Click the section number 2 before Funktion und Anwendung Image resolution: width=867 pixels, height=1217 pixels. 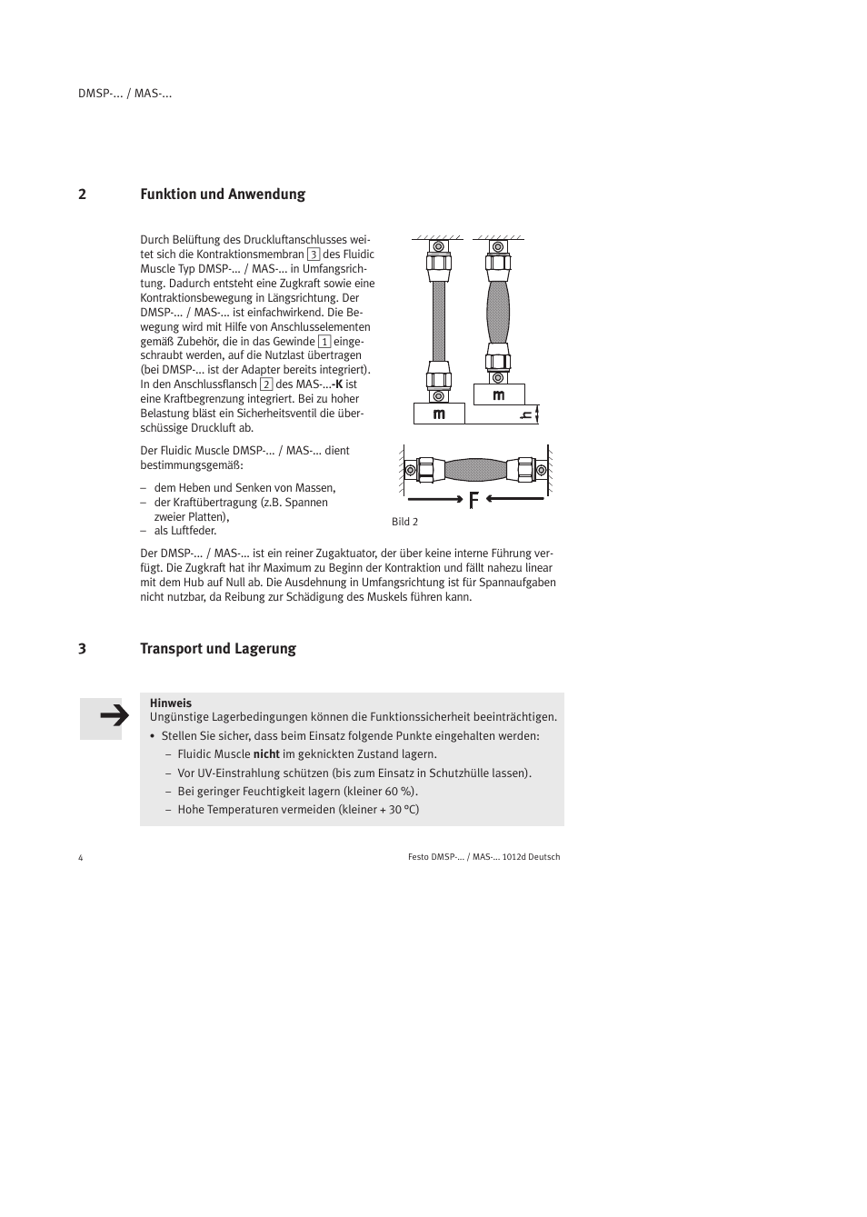pyautogui.click(x=82, y=195)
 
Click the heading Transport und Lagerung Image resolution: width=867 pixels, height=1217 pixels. pyautogui.click(x=217, y=649)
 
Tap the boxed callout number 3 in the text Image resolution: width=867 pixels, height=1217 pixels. pyautogui.click(x=313, y=254)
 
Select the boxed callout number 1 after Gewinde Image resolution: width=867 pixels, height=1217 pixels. pyautogui.click(x=324, y=342)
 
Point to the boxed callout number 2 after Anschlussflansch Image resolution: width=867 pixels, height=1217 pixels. pyautogui.click(x=266, y=384)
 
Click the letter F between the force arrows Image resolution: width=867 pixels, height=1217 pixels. pyautogui.click(x=473, y=499)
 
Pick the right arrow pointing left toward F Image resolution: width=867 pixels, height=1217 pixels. pyautogui.click(x=514, y=498)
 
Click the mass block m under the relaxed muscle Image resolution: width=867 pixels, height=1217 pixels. pyautogui.click(x=439, y=414)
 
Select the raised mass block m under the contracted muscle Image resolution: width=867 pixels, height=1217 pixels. pyautogui.click(x=498, y=395)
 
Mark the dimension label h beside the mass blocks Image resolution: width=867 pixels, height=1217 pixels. pyautogui.click(x=525, y=415)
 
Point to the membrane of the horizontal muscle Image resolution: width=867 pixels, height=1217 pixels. pyautogui.click(x=475, y=470)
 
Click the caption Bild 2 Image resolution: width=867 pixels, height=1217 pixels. pyautogui.click(x=404, y=522)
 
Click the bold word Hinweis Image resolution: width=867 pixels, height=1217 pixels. pyautogui.click(x=170, y=703)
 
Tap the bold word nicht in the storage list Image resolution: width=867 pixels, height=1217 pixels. pyautogui.click(x=266, y=754)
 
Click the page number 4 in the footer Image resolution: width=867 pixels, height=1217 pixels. pyautogui.click(x=81, y=858)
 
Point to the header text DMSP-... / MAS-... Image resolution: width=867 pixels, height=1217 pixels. pyautogui.click(x=125, y=94)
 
